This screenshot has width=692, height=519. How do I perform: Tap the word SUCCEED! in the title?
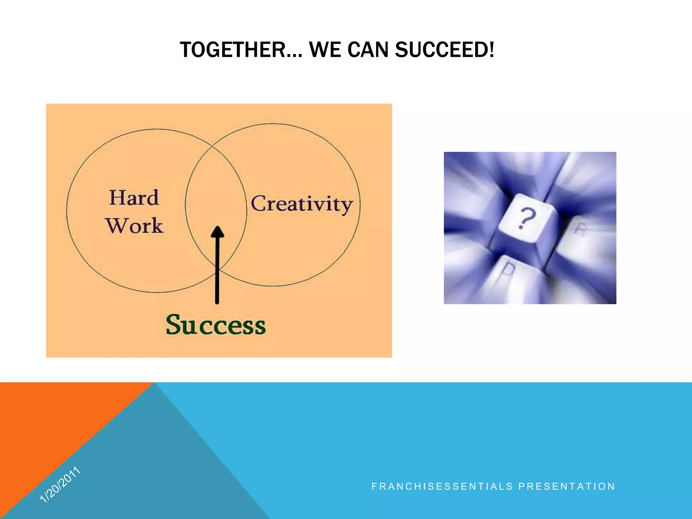point(444,50)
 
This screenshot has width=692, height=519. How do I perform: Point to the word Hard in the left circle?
point(134,198)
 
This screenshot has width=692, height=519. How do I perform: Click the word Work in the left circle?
point(134,226)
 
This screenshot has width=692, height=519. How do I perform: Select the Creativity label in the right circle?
point(302,204)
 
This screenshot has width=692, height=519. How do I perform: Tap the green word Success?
point(216,325)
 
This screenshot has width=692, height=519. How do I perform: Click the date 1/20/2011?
point(60,485)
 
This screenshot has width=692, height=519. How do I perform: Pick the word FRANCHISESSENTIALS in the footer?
point(442,487)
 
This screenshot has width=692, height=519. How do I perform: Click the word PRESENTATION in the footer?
point(567,487)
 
